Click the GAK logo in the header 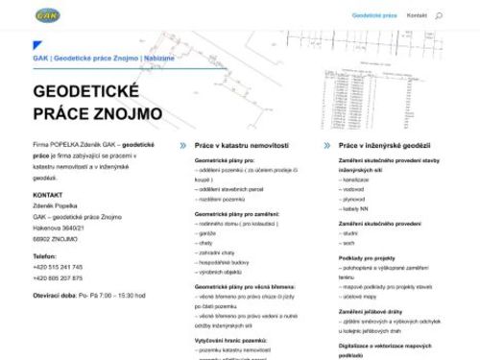45,15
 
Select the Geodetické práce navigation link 374,16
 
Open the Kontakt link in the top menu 417,16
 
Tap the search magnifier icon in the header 439,16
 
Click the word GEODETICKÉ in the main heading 86,92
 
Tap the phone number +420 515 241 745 58,267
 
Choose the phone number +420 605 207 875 58,277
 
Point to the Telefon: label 45,256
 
